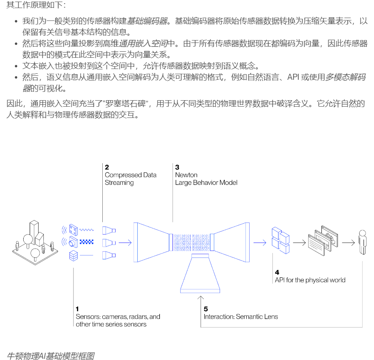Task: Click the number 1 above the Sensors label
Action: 77,309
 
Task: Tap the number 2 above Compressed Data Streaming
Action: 107,167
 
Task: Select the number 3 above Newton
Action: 177,167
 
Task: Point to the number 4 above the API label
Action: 277,272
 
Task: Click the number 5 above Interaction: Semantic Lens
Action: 206,309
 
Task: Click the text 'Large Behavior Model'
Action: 206,182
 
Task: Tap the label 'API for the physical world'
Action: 310,280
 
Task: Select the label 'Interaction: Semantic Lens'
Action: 241,316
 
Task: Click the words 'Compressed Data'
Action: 130,175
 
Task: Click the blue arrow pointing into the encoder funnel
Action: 124,242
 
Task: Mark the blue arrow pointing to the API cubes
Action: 260,242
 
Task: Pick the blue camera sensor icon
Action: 73,242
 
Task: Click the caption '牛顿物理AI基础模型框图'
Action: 51,356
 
